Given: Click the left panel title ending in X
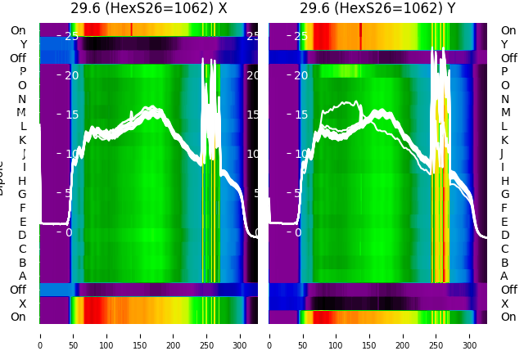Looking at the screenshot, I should point(148,9).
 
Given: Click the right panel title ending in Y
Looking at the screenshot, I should point(378,9).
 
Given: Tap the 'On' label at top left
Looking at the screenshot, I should point(18,30).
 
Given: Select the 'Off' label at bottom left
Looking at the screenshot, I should point(18,290).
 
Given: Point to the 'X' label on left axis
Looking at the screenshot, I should point(22,304).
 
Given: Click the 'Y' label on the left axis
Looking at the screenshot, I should point(22,44).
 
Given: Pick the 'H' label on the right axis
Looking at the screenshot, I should point(505,181).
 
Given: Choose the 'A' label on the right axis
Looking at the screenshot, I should point(505,277).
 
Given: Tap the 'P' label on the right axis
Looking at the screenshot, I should point(505,72).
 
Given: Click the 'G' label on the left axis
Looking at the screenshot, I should point(22,194).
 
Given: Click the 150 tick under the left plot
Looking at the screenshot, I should point(140,335).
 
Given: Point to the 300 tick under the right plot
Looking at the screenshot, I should point(470,335).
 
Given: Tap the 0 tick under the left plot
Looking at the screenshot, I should point(40,335).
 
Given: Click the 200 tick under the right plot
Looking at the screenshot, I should point(403,335).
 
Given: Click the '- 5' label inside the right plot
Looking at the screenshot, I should point(297,193).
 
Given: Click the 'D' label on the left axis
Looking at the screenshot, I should point(22,236).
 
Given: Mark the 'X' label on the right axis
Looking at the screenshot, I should point(505,304).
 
